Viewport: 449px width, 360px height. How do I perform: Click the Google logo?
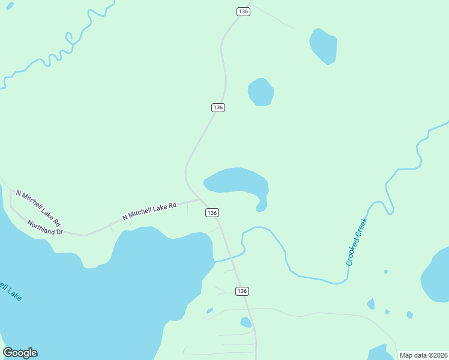(20, 353)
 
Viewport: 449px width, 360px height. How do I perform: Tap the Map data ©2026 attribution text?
(423, 355)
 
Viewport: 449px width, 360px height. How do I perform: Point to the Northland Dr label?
(44, 227)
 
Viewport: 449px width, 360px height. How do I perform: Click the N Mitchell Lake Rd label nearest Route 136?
(149, 211)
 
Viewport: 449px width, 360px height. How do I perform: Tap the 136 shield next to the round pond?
(218, 107)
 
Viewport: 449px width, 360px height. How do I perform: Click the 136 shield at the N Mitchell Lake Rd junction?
(212, 213)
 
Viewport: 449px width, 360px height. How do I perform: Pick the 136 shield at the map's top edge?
(243, 11)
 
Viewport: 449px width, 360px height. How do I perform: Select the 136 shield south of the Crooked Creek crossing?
(242, 291)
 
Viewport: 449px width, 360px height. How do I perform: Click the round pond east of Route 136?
(261, 92)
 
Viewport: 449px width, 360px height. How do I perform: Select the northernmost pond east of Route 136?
(323, 46)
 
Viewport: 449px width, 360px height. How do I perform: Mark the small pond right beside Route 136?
(246, 322)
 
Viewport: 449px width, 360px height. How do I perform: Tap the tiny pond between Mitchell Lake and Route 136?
(209, 311)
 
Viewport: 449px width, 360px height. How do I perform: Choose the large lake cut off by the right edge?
(436, 276)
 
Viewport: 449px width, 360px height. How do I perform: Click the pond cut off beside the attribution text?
(381, 353)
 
